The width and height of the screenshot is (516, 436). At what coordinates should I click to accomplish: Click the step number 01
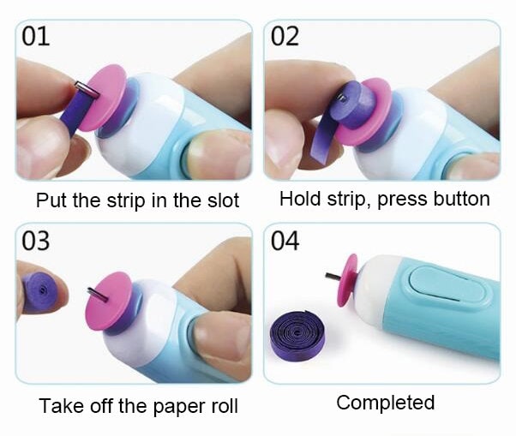35,37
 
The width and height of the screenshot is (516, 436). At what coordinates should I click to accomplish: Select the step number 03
36,241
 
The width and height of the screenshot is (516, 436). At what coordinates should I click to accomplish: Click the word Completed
385,403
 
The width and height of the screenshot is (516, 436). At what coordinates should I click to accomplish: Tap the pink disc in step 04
349,279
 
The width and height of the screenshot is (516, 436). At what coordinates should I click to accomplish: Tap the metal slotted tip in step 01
81,88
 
